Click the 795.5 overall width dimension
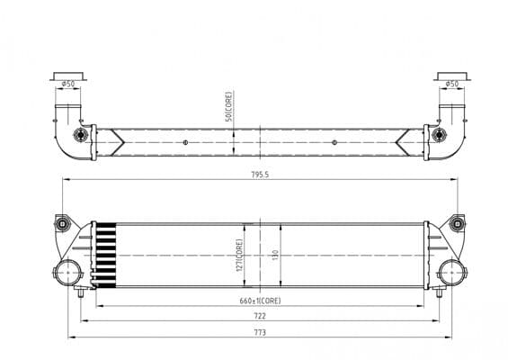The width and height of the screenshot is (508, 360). [x=260, y=175]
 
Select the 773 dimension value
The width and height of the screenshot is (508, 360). [x=260, y=332]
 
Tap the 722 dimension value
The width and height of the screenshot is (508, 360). [x=260, y=316]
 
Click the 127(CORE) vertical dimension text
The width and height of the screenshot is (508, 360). [x=239, y=255]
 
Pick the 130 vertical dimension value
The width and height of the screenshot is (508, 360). [x=276, y=255]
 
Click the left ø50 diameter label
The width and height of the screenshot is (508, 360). [x=68, y=85]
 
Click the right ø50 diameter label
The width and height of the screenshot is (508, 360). [x=451, y=85]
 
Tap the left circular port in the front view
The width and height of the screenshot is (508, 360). [x=68, y=273]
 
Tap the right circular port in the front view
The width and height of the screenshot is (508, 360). [x=450, y=273]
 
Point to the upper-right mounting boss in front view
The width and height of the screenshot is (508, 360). [x=457, y=223]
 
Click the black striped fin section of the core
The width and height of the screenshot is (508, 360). [x=107, y=255]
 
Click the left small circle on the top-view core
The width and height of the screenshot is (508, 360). [x=186, y=142]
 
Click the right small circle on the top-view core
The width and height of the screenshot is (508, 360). [x=334, y=142]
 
